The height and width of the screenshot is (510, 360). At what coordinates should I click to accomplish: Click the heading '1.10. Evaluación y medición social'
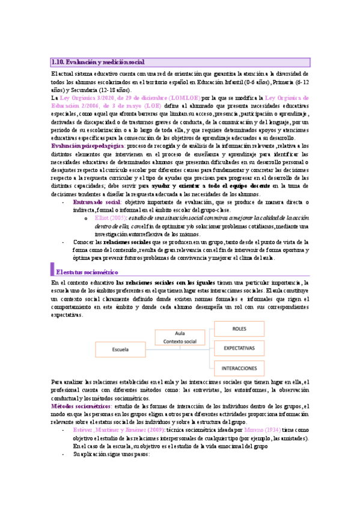[98, 62]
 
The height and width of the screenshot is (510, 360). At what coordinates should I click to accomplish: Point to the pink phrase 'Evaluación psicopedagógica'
[88, 146]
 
